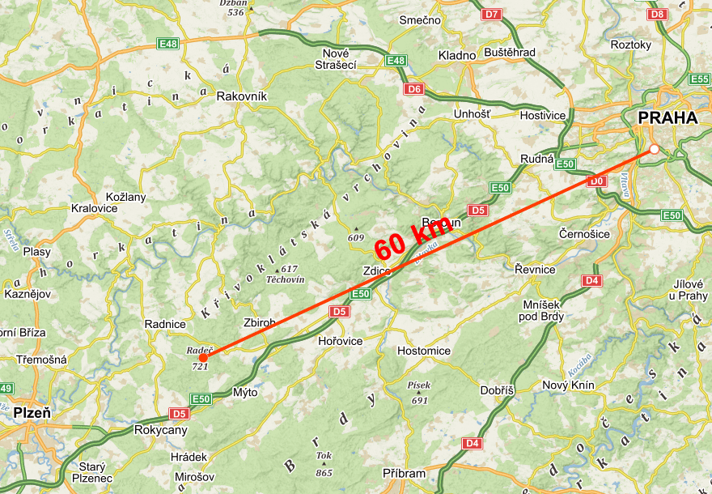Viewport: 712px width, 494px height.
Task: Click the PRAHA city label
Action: pos(667,118)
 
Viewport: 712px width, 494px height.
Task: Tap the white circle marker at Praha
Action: pos(654,149)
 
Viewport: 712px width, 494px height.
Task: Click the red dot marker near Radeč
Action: pos(203,357)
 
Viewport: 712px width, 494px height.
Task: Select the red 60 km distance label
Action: pos(412,236)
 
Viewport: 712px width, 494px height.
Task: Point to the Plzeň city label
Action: pos(32,413)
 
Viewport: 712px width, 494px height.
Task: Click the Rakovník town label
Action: pos(241,96)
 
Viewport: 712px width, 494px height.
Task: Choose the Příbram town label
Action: pos(402,473)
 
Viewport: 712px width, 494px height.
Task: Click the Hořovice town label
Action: pos(341,341)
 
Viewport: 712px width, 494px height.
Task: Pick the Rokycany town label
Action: pos(161,430)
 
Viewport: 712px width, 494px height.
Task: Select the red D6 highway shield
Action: pos(415,88)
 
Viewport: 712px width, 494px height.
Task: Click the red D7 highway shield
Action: pos(491,14)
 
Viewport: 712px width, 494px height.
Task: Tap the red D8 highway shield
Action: pos(658,14)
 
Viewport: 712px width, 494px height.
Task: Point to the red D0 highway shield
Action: pos(597,181)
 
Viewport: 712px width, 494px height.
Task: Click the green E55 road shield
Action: pos(700,79)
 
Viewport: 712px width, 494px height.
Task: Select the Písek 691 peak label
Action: pos(419,392)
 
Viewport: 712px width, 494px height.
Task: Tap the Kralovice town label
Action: pos(94,208)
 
